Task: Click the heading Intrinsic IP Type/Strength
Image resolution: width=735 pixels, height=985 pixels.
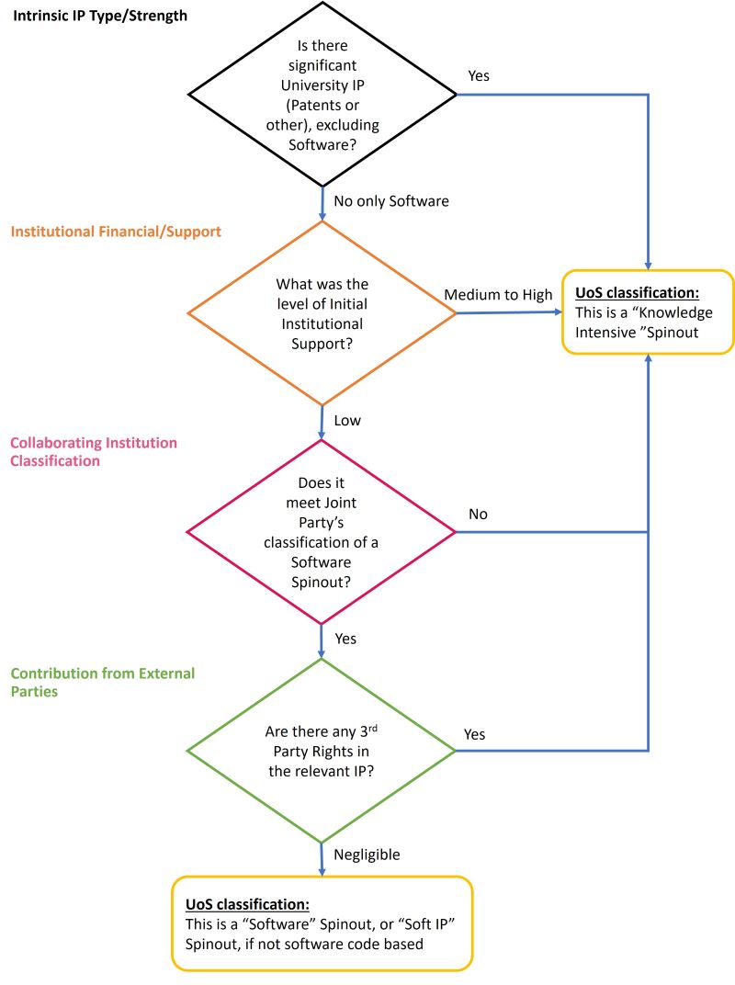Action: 100,16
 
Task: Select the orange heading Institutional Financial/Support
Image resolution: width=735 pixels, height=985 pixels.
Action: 116,232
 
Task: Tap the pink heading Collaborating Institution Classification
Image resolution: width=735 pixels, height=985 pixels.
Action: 94,451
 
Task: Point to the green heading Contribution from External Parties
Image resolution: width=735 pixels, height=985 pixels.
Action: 103,682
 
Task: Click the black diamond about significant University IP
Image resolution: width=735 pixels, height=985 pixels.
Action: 322,94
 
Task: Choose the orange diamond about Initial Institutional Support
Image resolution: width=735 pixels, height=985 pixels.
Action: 322,313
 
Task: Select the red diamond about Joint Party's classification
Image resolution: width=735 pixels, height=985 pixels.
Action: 322,532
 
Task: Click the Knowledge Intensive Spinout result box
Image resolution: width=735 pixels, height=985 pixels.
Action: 648,312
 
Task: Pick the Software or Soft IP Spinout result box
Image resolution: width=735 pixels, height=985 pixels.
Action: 322,923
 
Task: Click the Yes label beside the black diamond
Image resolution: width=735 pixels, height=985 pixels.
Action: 479,76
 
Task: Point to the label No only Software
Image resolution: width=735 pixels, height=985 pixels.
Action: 390,201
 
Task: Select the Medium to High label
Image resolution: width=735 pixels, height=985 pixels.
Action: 499,295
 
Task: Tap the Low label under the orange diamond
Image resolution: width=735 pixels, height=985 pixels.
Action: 347,421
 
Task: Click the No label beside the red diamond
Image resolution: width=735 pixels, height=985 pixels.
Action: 478,515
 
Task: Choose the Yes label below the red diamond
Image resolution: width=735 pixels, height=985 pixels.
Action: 346,639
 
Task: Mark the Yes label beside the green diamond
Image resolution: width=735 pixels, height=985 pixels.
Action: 475,734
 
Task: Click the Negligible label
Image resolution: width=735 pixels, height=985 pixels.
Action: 367,855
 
